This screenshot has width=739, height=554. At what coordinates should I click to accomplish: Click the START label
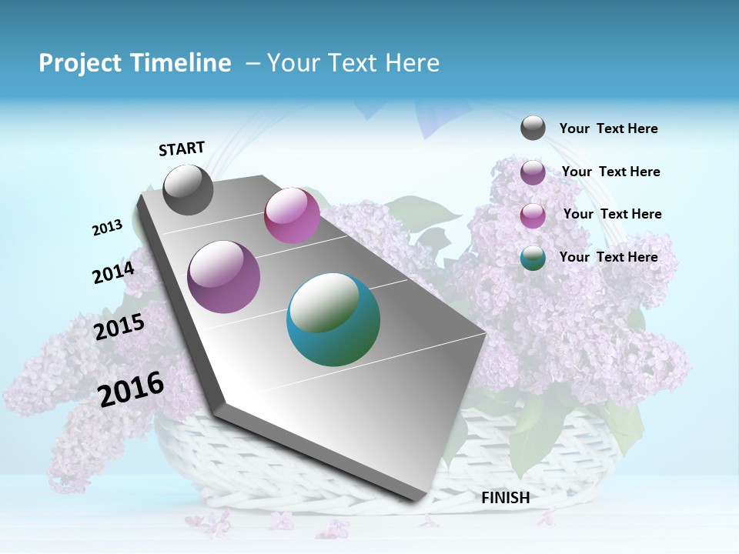coord(182,149)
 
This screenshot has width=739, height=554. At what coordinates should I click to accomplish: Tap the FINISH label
coord(505,498)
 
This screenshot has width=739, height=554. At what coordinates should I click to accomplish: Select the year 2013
coord(108,228)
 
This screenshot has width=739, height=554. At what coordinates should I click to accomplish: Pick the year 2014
coord(113,273)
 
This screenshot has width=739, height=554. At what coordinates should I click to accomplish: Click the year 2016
coord(132,389)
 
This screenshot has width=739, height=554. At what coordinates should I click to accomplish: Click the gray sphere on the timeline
coord(188,189)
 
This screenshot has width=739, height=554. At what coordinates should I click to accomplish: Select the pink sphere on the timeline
coord(292,215)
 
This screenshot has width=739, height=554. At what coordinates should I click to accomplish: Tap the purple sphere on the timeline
coord(223,277)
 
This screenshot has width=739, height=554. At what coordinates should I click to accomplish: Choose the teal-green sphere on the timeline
coord(333,319)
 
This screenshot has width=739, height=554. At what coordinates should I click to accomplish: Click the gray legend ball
coord(533,128)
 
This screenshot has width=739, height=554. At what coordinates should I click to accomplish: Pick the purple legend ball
coord(533,172)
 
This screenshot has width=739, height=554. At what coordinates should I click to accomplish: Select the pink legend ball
coord(533,215)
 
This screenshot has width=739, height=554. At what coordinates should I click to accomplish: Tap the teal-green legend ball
coord(533,258)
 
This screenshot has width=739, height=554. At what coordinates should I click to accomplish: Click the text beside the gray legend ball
coord(608,128)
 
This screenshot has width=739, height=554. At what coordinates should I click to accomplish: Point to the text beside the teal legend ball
coord(608,257)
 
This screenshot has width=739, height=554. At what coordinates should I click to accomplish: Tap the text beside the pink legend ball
coord(612,214)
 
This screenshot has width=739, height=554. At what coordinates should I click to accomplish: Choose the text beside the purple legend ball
coord(610,172)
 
